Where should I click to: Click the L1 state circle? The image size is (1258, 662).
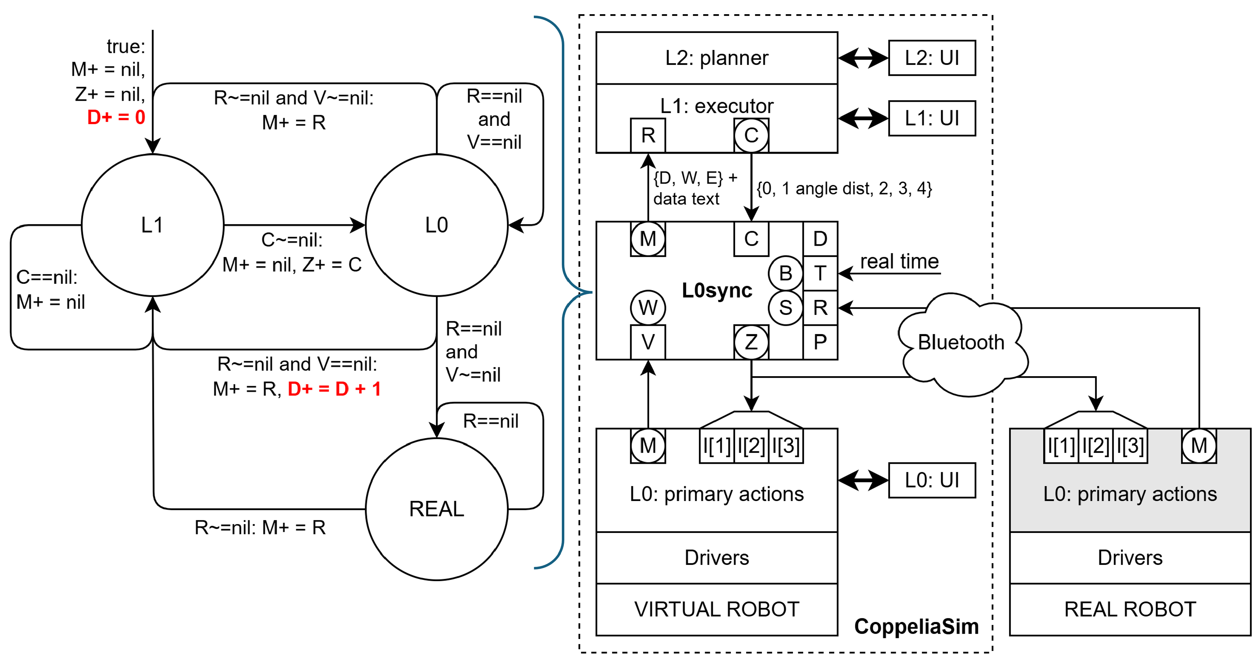pyautogui.click(x=152, y=225)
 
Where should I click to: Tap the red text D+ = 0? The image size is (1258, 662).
pyautogui.click(x=116, y=117)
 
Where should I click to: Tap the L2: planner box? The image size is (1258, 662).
pyautogui.click(x=716, y=58)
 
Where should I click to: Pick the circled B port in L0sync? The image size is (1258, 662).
pyautogui.click(x=785, y=273)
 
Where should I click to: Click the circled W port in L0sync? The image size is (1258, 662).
pyautogui.click(x=648, y=308)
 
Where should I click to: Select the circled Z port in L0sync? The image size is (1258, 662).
pyautogui.click(x=751, y=342)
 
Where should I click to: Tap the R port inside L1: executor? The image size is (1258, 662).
pyautogui.click(x=648, y=135)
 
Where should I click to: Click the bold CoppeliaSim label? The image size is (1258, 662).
pyautogui.click(x=916, y=626)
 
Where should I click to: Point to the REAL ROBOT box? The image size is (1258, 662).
pyautogui.click(x=1130, y=609)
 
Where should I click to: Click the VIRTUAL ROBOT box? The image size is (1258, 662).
pyautogui.click(x=716, y=609)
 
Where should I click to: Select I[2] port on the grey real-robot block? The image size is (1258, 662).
pyautogui.click(x=1095, y=446)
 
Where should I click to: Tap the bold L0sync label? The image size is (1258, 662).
pyautogui.click(x=716, y=290)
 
